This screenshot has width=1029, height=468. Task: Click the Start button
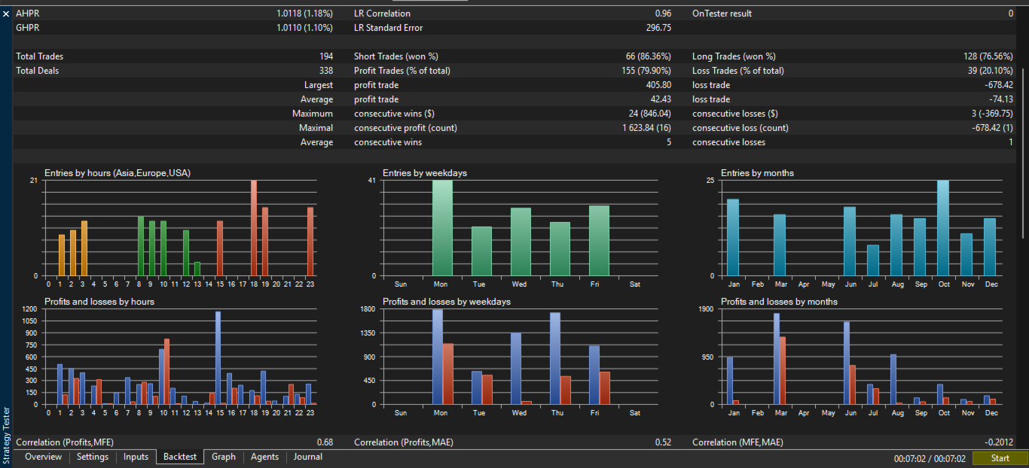click(x=1000, y=458)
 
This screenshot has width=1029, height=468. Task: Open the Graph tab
click(x=223, y=457)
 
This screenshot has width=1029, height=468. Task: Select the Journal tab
click(x=308, y=457)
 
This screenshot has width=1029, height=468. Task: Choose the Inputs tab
click(x=136, y=457)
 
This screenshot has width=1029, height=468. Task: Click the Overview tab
click(x=43, y=457)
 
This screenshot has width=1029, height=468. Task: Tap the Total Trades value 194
click(x=326, y=56)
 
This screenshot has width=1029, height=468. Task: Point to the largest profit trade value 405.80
click(x=658, y=85)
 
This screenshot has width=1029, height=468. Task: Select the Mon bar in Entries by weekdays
click(x=442, y=228)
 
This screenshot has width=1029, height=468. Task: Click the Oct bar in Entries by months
click(x=943, y=228)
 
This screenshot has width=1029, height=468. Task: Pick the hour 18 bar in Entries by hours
click(x=254, y=228)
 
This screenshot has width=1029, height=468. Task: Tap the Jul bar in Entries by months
click(x=873, y=260)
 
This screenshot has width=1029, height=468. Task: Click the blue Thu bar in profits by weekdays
click(x=555, y=358)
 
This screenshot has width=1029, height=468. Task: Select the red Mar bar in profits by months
click(x=783, y=371)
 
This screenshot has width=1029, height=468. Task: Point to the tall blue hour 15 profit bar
click(x=218, y=358)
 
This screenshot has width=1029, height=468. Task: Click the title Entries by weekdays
click(x=424, y=173)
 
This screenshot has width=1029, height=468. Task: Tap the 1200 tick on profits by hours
click(x=29, y=308)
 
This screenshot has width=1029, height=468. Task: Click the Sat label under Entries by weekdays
click(x=634, y=284)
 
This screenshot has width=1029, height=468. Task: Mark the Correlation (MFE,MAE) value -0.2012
click(x=999, y=442)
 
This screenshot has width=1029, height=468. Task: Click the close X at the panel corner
click(x=6, y=14)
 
